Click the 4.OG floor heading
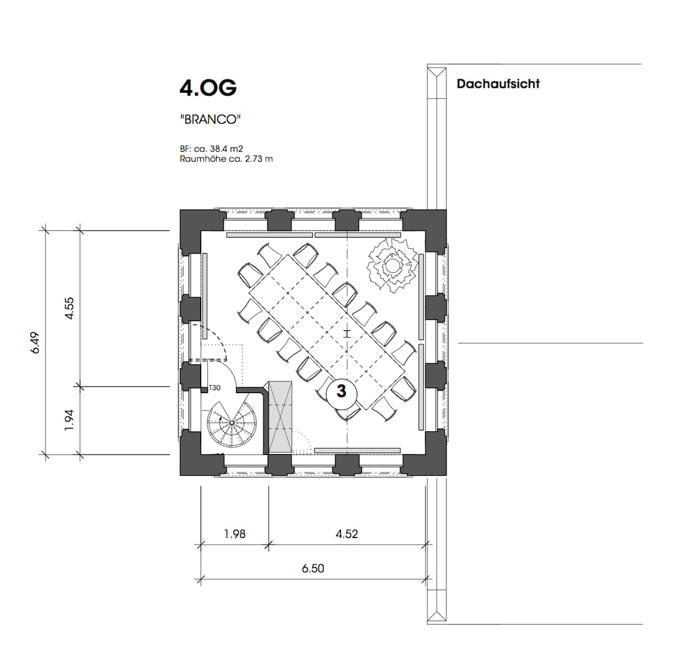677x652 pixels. point(207,87)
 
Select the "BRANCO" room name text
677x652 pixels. point(210,119)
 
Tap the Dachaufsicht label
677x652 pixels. point(498,84)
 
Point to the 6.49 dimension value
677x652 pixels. point(35,343)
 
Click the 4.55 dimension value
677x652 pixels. point(70,308)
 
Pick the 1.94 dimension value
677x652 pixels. point(69,420)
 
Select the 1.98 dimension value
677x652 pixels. point(235,534)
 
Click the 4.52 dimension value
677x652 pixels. point(347,534)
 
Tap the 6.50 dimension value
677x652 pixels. point(313,568)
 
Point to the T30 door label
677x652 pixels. point(214,388)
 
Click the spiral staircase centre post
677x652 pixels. point(232,423)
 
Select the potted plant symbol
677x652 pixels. point(392,265)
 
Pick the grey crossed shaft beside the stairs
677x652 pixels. point(280,417)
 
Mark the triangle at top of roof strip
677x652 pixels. point(437,72)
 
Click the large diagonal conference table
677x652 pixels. point(327,332)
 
